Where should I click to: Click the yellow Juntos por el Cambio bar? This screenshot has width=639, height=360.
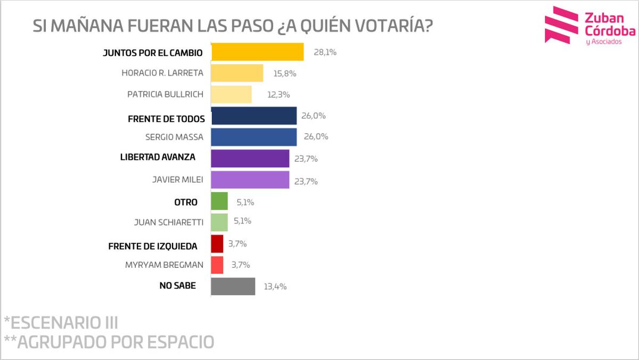(x=257, y=52)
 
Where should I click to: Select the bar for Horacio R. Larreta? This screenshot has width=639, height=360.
(x=237, y=73)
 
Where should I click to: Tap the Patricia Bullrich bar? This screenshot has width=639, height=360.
(x=231, y=94)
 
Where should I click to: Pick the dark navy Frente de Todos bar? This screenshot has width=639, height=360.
(x=253, y=116)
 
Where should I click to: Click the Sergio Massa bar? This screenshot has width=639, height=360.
(x=253, y=137)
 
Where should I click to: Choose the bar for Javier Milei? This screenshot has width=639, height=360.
(x=250, y=180)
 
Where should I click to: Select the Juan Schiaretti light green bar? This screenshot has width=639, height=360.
(x=219, y=222)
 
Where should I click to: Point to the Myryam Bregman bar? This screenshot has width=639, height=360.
(x=217, y=265)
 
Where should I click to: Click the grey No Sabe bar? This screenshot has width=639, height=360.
(x=233, y=286)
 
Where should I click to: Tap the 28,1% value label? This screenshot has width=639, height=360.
(x=325, y=53)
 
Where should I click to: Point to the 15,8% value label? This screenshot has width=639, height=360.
(x=284, y=73)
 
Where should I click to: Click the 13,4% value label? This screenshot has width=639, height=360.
(x=275, y=287)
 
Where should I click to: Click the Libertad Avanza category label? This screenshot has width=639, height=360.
(x=157, y=157)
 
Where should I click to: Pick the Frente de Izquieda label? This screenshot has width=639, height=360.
(x=152, y=246)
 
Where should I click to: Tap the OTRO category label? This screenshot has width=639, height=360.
(x=185, y=202)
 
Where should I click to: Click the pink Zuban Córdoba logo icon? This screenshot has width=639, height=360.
(x=561, y=25)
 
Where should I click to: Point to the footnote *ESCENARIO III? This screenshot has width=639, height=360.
(x=61, y=322)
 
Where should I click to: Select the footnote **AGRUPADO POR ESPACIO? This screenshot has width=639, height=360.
(x=109, y=341)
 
